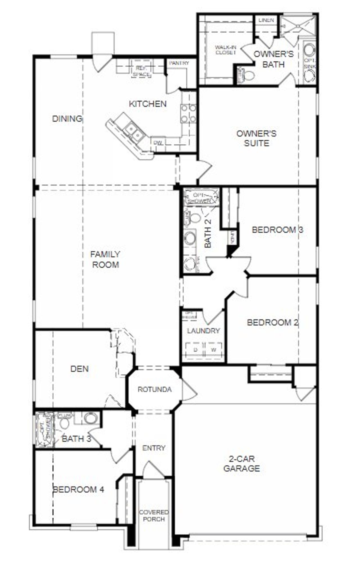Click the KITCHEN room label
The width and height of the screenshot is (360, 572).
(148, 104)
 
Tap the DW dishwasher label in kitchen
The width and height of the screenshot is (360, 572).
(158, 143)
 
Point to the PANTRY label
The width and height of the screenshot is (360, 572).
(179, 63)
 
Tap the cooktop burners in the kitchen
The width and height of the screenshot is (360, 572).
(188, 113)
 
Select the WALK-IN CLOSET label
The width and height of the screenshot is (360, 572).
(225, 50)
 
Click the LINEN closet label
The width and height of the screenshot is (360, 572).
(266, 20)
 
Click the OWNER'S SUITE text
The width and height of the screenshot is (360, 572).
(256, 138)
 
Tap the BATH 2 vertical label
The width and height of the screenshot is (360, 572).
(208, 234)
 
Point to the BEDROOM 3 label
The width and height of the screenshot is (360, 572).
(277, 230)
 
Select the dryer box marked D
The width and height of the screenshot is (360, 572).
(195, 350)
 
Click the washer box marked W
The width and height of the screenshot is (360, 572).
(214, 350)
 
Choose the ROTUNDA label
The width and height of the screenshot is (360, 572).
(154, 389)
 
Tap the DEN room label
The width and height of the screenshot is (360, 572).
(80, 369)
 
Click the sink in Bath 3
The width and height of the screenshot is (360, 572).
(91, 418)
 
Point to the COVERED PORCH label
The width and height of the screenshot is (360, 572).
(154, 515)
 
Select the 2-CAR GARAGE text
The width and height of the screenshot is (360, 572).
(241, 464)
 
